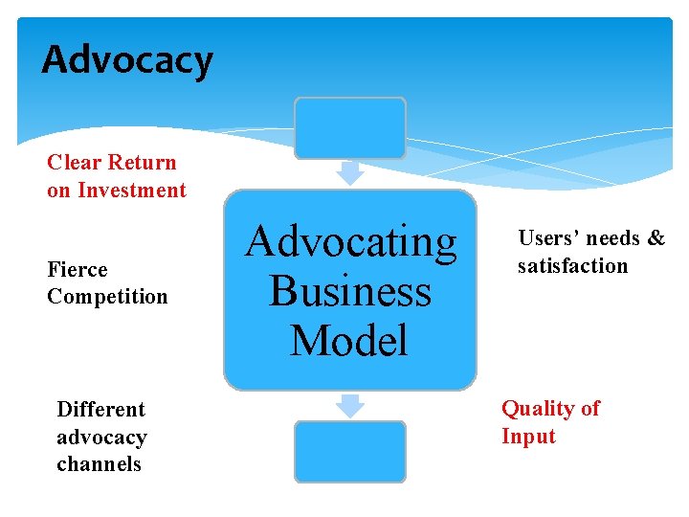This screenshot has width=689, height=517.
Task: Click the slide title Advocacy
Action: point(127,60)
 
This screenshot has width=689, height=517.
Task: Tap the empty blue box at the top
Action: point(350,127)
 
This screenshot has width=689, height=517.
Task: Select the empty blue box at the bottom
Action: point(350,451)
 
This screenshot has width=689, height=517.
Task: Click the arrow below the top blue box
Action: point(351,173)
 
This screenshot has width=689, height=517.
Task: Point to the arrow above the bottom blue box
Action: point(351,406)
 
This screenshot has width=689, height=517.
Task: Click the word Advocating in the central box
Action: point(351,240)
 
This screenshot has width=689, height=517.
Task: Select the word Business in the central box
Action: point(350,290)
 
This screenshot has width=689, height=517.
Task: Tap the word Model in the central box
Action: point(349,340)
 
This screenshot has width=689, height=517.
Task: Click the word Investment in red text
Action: point(132,191)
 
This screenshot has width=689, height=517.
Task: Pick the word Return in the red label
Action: point(143,163)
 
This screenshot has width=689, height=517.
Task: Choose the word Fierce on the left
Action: point(78,270)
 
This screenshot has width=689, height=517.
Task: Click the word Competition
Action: point(107,297)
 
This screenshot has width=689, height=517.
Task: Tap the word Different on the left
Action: point(100,410)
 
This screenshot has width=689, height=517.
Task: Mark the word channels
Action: point(99,464)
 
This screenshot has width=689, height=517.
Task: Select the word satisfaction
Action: point(572,265)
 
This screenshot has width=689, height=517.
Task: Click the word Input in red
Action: point(528,437)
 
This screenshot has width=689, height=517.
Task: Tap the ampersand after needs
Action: point(656,238)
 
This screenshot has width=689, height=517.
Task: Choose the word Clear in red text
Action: point(76,163)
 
